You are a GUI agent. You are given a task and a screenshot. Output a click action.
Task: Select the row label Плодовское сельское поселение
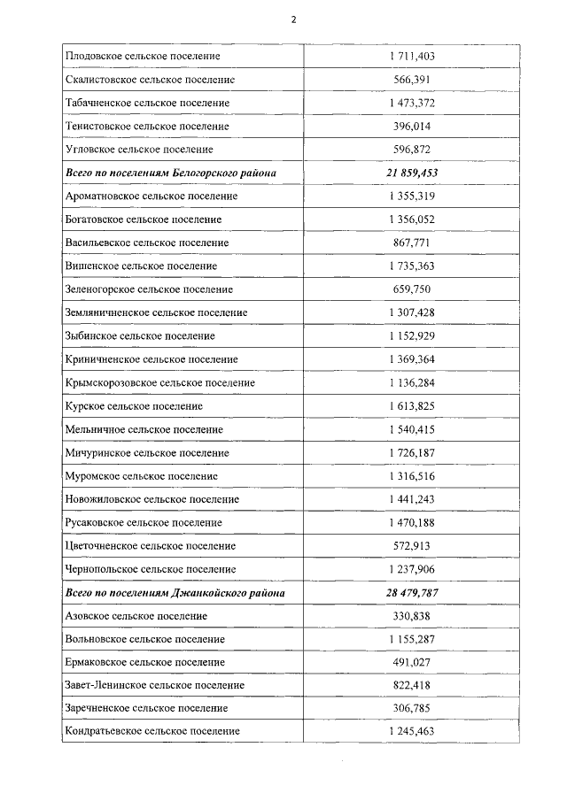point(143,57)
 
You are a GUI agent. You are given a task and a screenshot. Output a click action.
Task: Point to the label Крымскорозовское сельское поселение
point(160,382)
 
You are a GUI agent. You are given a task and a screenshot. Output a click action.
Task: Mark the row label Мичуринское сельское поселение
point(147,452)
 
